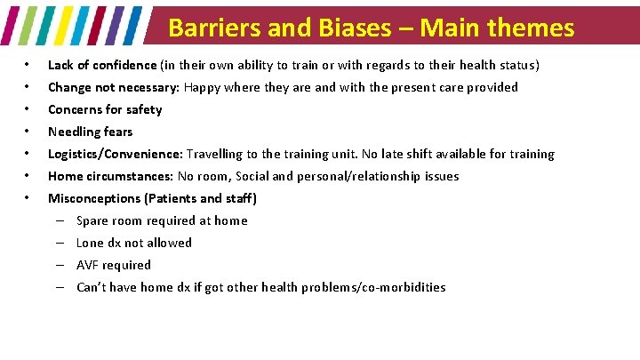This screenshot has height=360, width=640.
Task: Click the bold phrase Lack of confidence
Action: pyautogui.click(x=103, y=65)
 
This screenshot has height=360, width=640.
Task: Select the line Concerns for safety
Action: pyautogui.click(x=105, y=109)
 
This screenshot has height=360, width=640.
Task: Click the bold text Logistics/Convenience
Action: pyautogui.click(x=114, y=154)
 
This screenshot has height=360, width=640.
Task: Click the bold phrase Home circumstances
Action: pyautogui.click(x=110, y=176)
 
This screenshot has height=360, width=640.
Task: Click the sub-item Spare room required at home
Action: pyautogui.click(x=162, y=220)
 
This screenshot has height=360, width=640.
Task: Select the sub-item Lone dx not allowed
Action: pyautogui.click(x=133, y=243)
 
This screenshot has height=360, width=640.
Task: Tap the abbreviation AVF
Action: pyautogui.click(x=87, y=265)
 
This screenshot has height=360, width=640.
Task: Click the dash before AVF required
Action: pyautogui.click(x=58, y=265)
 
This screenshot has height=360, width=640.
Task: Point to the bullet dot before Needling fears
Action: pyautogui.click(x=28, y=132)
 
